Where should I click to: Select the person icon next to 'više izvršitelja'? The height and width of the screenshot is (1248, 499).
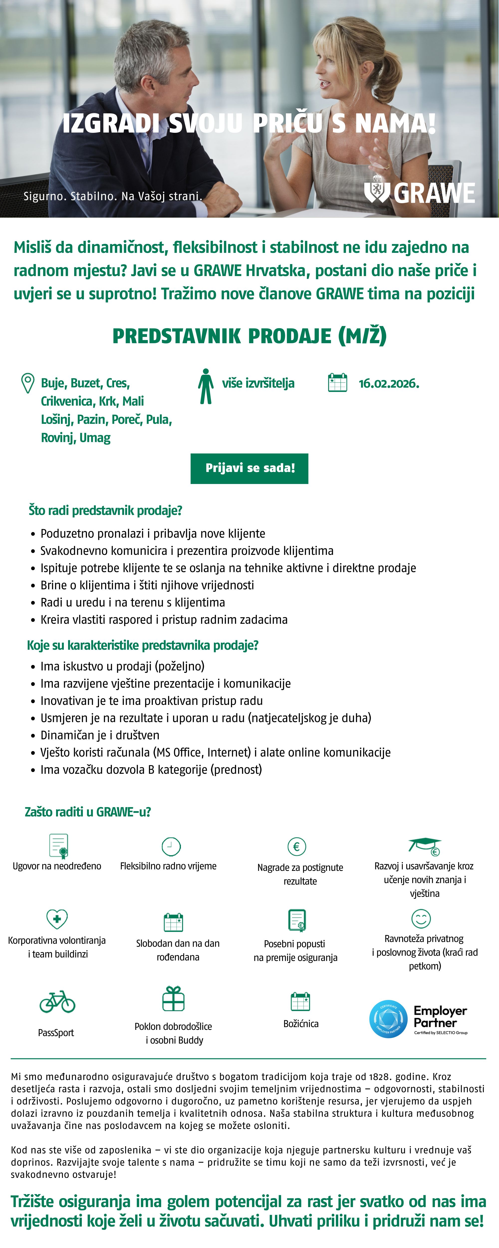click(206, 386)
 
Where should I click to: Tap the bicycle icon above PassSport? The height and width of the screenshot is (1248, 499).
click(57, 1002)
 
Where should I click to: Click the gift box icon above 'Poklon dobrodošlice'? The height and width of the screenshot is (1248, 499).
click(173, 999)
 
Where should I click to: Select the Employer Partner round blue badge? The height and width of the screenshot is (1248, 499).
click(388, 1019)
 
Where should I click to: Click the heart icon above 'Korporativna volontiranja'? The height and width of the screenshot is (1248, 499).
click(57, 919)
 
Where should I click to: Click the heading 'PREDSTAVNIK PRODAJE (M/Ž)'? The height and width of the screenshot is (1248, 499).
click(249, 336)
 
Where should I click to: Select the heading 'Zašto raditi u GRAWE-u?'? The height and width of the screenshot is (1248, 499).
click(88, 812)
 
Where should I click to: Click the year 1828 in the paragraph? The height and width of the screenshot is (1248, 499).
click(379, 1077)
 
